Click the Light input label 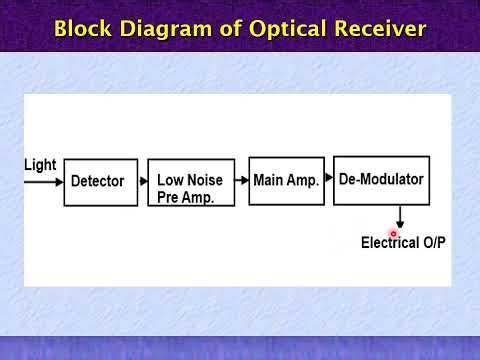click(40, 165)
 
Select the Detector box click(100, 182)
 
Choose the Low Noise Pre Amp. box click(191, 182)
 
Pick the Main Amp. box click(286, 181)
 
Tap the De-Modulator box click(381, 180)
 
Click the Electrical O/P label click(403, 243)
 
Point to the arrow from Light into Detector click(44, 182)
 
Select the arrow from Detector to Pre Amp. click(142, 182)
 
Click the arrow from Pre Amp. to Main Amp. click(242, 181)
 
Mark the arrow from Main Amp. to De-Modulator click(328, 180)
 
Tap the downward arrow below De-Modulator click(400, 217)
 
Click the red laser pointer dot click(394, 234)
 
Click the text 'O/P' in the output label click(432, 243)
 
